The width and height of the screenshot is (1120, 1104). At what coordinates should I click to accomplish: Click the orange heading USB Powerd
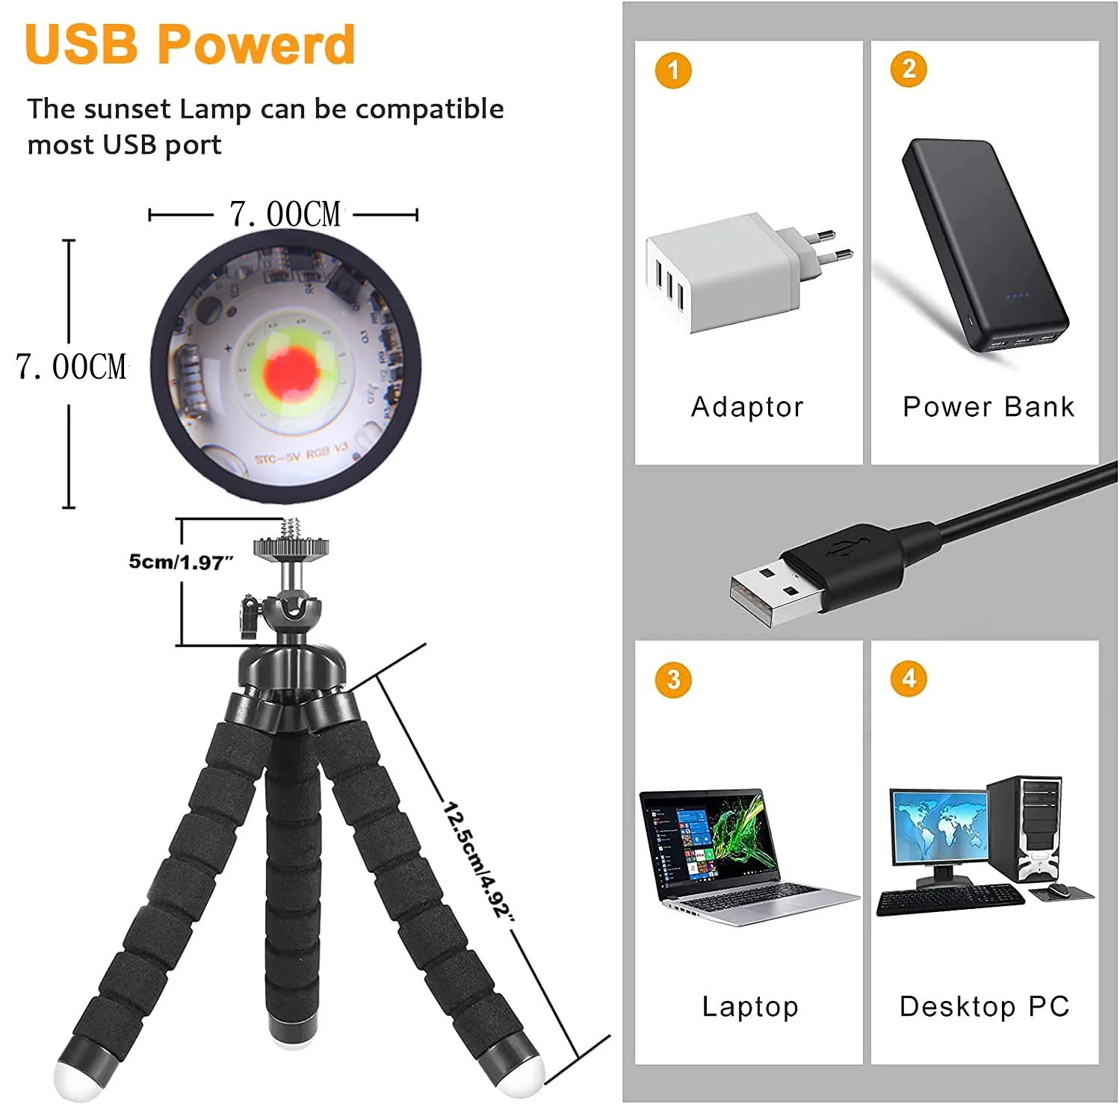(190, 45)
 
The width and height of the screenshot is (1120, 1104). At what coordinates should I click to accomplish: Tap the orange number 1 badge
(673, 71)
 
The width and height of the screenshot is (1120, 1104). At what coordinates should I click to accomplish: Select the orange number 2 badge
(909, 69)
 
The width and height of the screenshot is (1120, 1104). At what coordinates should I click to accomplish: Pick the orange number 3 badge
(673, 680)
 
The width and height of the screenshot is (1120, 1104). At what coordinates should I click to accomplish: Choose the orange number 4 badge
(909, 678)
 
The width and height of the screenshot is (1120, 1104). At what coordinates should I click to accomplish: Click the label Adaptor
(747, 407)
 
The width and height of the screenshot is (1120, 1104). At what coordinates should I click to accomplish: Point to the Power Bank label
(988, 406)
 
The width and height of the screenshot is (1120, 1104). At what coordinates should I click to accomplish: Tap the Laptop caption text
(750, 1006)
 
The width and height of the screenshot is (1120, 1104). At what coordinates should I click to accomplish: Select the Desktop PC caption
(985, 1006)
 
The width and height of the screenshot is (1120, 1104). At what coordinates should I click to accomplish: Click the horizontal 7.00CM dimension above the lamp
(285, 214)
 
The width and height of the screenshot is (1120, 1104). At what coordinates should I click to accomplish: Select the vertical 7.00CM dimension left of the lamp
(71, 367)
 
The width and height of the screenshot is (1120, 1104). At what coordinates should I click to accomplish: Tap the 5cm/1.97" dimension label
(182, 562)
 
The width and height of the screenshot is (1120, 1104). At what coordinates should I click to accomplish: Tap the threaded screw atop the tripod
(292, 529)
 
